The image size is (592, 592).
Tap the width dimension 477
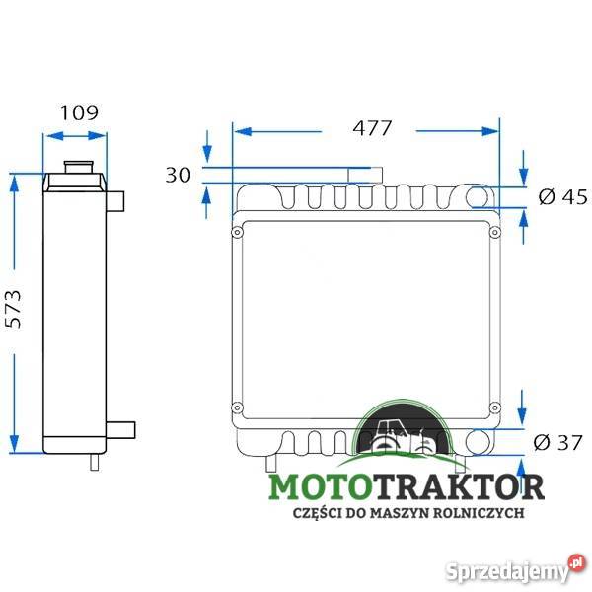tap(372, 128)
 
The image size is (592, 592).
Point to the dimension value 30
tap(179, 175)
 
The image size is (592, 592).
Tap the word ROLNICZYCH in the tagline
tap(487, 513)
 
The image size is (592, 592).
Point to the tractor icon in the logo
tap(407, 438)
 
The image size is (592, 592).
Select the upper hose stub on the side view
tap(117, 199)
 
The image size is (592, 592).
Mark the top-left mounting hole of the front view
tap(237, 233)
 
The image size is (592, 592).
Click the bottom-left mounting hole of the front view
tap(237, 407)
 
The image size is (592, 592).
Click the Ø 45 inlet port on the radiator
tap(481, 196)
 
